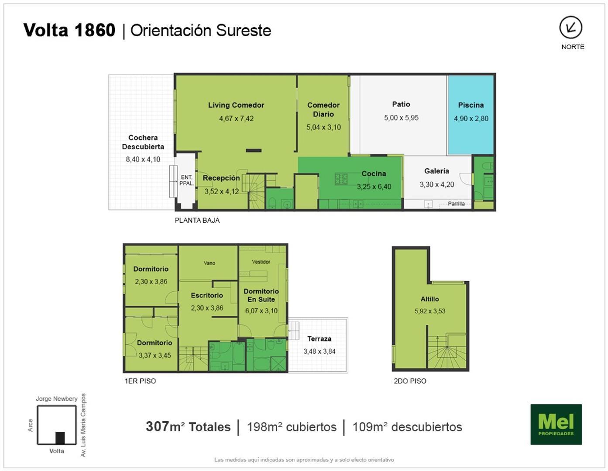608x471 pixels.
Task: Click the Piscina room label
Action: pyautogui.click(x=471, y=105)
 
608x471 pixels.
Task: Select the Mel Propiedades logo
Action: pyautogui.click(x=556, y=424)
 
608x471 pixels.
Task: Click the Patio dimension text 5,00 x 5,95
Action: pyautogui.click(x=401, y=118)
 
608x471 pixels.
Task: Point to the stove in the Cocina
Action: pyautogui.click(x=341, y=179)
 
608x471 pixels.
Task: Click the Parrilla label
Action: pyautogui.click(x=456, y=204)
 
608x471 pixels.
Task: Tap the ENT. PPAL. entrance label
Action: pyautogui.click(x=186, y=180)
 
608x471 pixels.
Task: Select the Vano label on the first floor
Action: pyautogui.click(x=210, y=263)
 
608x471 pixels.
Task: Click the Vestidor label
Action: pyautogui.click(x=261, y=262)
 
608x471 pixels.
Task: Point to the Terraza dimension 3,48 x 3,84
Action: pyautogui.click(x=319, y=352)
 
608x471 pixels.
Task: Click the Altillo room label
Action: pyautogui.click(x=430, y=299)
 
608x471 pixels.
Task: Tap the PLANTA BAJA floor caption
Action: pyautogui.click(x=197, y=220)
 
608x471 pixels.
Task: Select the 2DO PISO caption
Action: pyautogui.click(x=410, y=381)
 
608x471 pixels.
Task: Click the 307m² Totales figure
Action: pyautogui.click(x=188, y=427)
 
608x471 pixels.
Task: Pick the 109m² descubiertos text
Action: pyautogui.click(x=407, y=427)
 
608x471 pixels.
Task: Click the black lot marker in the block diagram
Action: pyautogui.click(x=60, y=438)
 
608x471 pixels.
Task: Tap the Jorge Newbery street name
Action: pyautogui.click(x=56, y=399)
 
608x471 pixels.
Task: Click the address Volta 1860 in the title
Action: pyautogui.click(x=69, y=30)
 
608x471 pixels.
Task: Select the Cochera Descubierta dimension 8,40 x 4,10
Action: pyautogui.click(x=143, y=159)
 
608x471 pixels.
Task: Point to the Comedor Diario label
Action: pyautogui.click(x=323, y=109)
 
